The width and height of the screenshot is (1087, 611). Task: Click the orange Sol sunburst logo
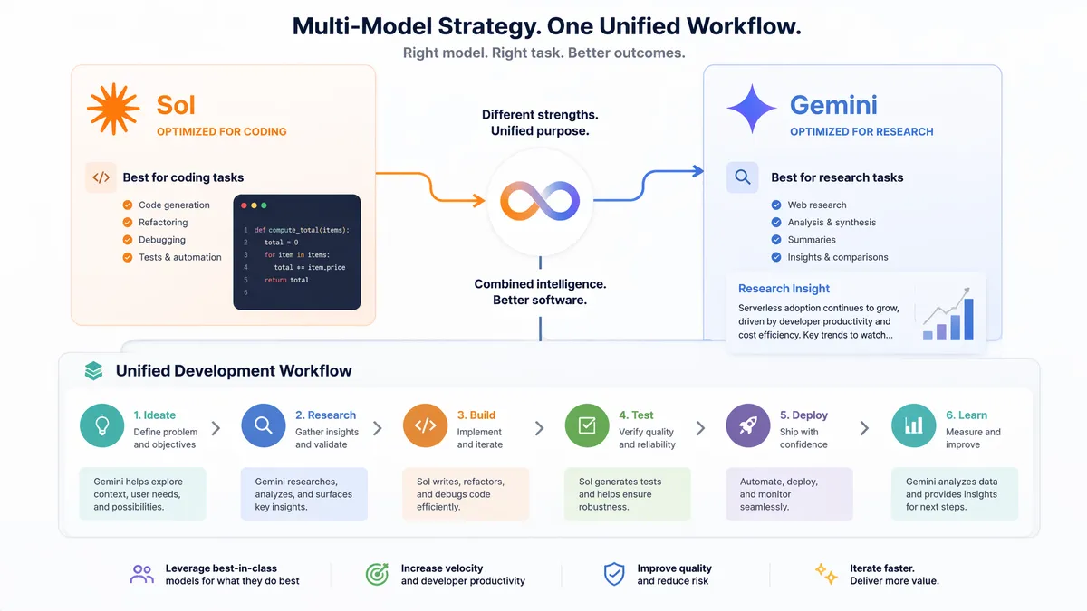coord(113,109)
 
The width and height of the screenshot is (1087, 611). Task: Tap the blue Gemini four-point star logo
coord(752,109)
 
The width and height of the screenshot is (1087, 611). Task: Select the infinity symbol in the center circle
coord(540,201)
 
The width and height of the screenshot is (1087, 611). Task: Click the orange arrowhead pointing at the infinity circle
coord(479,200)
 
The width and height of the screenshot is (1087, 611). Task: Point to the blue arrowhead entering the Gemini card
coord(697,171)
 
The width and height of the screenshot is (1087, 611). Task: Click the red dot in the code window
coord(244,205)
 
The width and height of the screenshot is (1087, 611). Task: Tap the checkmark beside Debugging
coord(128,240)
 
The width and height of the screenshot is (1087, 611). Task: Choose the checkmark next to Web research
coord(776,205)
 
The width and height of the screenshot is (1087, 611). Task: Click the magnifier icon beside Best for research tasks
coord(743,177)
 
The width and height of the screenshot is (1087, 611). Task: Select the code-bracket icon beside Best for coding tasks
coord(101,177)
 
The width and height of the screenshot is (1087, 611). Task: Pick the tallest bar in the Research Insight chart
coord(968,319)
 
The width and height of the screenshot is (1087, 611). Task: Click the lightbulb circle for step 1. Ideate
coord(101,425)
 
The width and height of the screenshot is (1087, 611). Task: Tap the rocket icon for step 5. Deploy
coord(748,425)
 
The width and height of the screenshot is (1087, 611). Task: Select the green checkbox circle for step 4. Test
coord(587,425)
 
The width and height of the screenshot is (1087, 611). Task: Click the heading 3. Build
coord(476,415)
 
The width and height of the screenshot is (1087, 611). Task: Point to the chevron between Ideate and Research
coord(216,428)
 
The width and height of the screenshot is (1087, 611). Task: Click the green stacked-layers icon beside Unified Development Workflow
coord(93,371)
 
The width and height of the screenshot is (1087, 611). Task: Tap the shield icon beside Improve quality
coord(614,574)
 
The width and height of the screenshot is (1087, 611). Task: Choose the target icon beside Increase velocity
coord(377,574)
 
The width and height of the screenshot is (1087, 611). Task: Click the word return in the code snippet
coord(275,280)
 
